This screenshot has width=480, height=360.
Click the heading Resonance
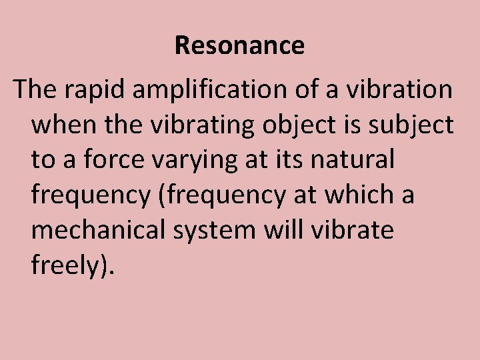point(239,45)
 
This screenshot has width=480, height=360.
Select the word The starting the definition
point(34,89)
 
